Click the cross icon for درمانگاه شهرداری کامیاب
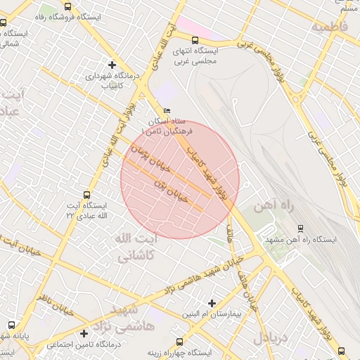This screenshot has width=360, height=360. pos(111,64)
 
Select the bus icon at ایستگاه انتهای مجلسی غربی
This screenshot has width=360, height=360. pos(195,40)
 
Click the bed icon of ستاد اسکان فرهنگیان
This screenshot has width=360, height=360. pos(167,111)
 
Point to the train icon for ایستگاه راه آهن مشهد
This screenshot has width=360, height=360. pos(301,228)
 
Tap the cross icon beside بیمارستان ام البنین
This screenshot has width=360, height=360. pos(212,303)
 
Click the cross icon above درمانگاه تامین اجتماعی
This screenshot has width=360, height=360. pos(84,333)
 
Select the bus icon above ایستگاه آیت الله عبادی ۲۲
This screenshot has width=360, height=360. pos(87,195)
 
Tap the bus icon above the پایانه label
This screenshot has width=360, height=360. pos(11,325)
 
